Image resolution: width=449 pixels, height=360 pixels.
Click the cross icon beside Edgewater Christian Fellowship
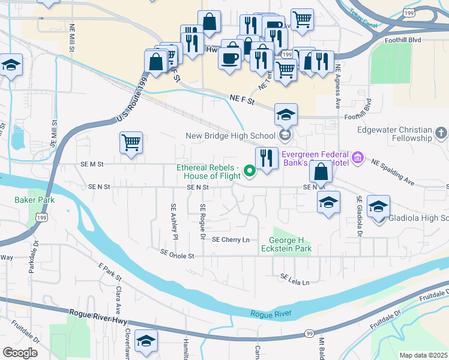tap(441, 133)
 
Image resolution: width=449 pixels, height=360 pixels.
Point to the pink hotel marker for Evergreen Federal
tap(358, 158)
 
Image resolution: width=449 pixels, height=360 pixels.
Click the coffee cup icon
tap(229, 58)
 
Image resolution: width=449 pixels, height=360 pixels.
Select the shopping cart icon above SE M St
tap(131, 143)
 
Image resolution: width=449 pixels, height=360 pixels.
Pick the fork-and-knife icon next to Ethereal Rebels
tap(267, 158)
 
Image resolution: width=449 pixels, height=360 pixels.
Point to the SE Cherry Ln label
tap(231, 240)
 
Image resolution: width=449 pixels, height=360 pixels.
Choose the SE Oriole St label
tap(178, 256)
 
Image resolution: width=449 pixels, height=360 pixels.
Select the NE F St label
tap(243, 101)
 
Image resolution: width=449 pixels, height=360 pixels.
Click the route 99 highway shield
tap(309, 334)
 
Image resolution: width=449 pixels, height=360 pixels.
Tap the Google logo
tap(20, 353)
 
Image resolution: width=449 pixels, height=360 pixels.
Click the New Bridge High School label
tap(230, 136)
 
